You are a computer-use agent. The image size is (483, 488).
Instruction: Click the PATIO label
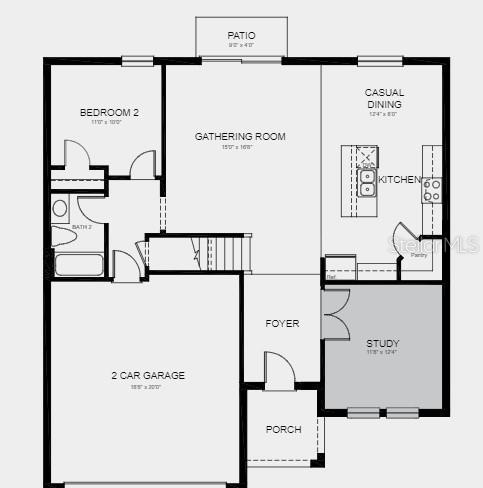pos(241,35)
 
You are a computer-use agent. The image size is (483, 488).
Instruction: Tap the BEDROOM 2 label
pos(109,113)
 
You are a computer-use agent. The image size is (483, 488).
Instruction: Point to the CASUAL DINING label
pos(384,98)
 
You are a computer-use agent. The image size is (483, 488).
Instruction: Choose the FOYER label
pos(282,323)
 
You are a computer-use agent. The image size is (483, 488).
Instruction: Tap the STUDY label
pos(382,343)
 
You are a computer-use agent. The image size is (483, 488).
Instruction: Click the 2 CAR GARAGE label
pos(147,375)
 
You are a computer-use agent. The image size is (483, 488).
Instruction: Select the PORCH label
pos(283,429)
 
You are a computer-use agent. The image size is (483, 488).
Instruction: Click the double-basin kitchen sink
pos(367,182)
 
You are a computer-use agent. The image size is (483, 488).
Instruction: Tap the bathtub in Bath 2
pos(78,265)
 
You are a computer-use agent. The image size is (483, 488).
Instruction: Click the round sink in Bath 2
pos(60,209)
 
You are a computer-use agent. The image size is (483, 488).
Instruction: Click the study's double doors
pos(335,313)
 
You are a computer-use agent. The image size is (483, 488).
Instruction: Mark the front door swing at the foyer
pos(278,370)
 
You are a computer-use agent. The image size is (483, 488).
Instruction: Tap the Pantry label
pos(419,255)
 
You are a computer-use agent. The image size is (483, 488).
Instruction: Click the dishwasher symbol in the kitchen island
pos(367,157)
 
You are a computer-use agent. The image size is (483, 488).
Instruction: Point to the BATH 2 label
pos(82,227)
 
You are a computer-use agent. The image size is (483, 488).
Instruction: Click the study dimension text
pos(382,352)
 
